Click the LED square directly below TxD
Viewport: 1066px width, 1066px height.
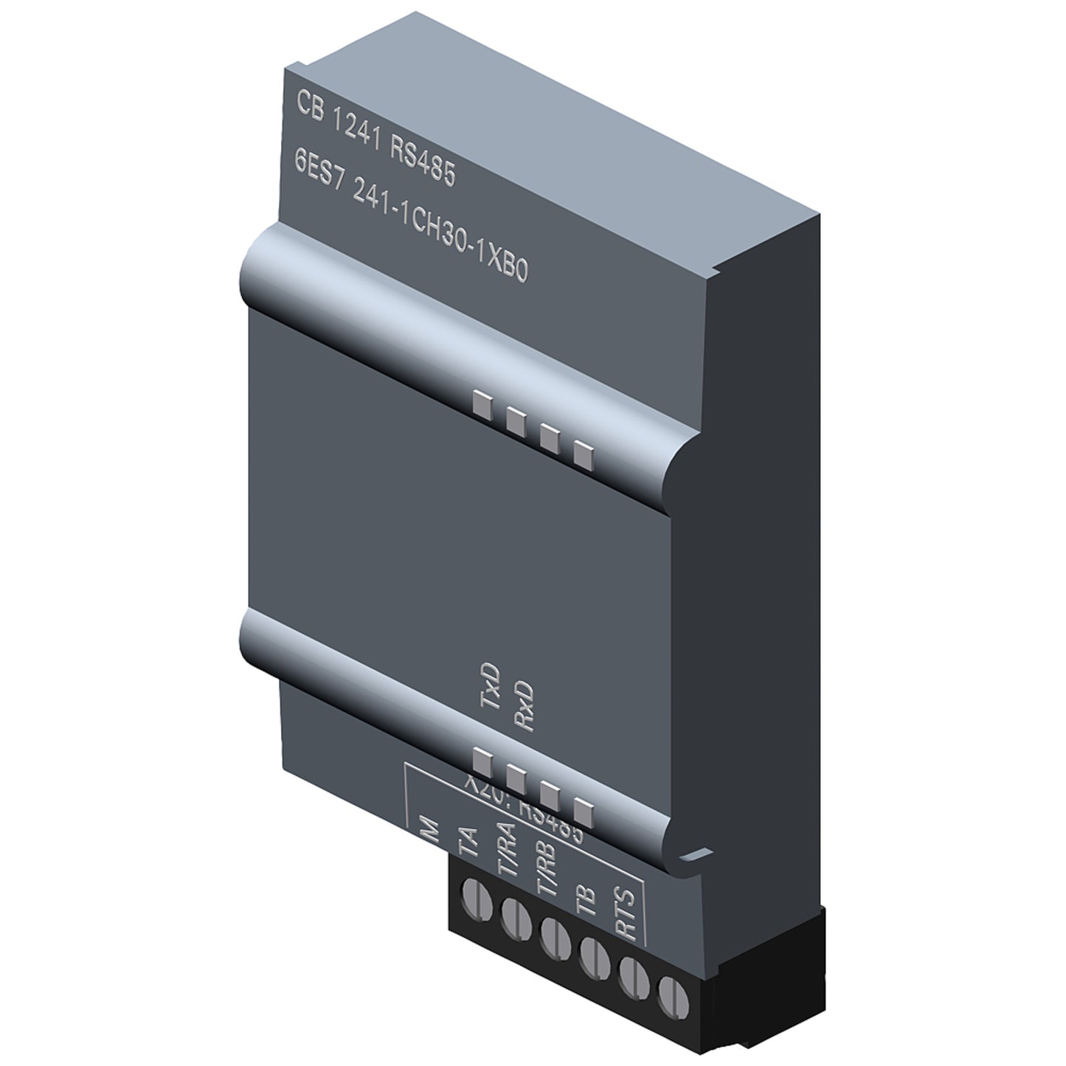482,758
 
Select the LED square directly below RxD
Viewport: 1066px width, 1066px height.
516,776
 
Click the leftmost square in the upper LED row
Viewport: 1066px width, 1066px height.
482,403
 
